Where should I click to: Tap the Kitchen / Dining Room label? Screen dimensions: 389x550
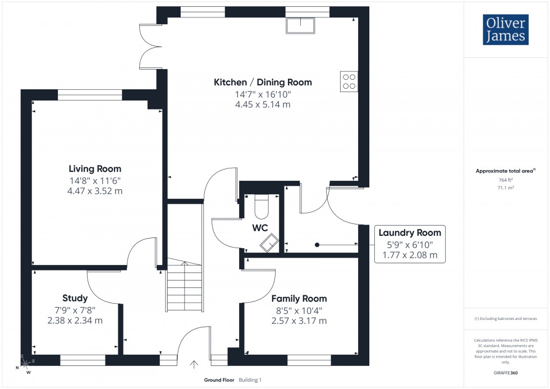(263, 83)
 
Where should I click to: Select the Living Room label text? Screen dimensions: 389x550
(95, 168)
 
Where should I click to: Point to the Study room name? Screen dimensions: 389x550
(75, 298)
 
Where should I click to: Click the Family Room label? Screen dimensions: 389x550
(299, 299)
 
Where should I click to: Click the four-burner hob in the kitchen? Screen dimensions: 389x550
(349, 82)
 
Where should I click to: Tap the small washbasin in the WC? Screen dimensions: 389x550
(268, 242)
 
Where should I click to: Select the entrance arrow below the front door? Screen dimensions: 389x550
(194, 364)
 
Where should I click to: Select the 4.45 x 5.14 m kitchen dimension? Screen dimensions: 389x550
(263, 104)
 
